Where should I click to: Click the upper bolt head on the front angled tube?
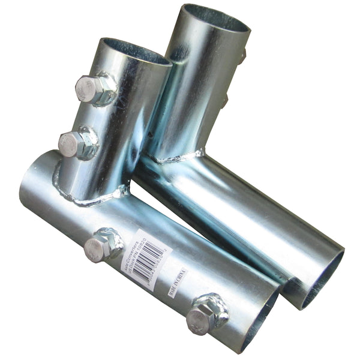91,89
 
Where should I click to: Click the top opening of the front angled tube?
135,50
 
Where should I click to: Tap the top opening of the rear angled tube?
216,18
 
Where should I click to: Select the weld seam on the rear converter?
177,157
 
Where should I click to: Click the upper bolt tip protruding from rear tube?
242,57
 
